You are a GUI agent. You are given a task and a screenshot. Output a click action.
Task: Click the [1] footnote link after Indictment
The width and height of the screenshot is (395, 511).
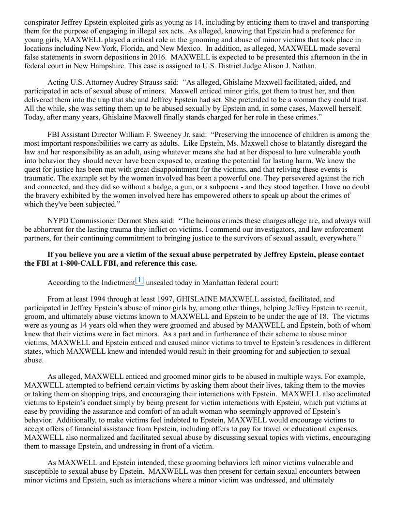(x=139, y=280)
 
